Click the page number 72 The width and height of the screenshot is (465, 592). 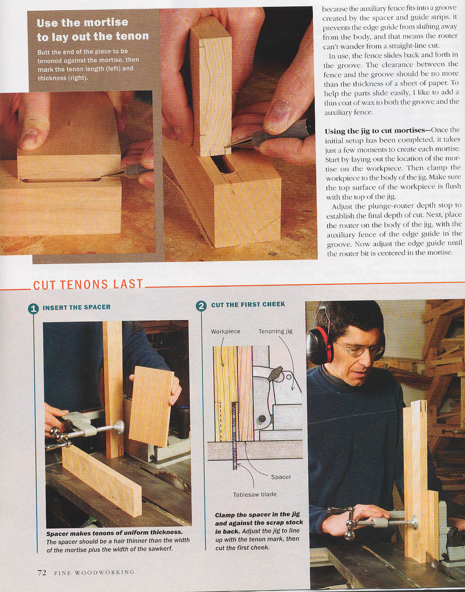tap(42, 572)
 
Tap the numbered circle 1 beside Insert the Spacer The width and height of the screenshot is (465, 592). tap(34, 309)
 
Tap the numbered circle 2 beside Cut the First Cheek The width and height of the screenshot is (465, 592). tap(201, 306)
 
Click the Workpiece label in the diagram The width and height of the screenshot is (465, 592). tap(226, 332)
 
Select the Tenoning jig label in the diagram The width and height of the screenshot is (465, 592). tap(276, 331)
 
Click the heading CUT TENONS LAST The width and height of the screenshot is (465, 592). tap(88, 284)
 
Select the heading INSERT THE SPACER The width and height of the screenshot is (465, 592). tap(77, 307)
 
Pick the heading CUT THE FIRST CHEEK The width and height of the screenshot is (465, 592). tap(248, 304)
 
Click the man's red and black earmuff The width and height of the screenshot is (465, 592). tap(320, 344)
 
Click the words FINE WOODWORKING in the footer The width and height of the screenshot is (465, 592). tap(94, 572)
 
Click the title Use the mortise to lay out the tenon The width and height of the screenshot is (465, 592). tap(93, 29)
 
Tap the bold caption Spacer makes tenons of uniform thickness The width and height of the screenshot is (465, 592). tap(115, 532)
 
